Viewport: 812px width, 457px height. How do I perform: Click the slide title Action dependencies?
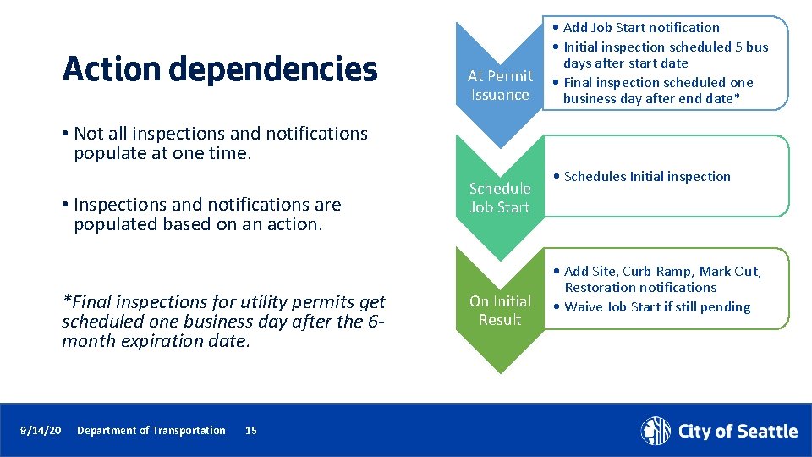[x=220, y=69]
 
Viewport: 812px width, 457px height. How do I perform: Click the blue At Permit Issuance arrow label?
[x=500, y=85]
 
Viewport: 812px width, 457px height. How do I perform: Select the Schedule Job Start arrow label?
[x=499, y=197]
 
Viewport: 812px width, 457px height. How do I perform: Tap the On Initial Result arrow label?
[x=500, y=310]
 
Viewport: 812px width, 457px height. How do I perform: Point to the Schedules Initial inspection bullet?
[x=646, y=176]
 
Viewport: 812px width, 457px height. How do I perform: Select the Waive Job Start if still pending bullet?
[x=656, y=306]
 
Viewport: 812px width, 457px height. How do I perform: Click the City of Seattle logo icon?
[x=656, y=431]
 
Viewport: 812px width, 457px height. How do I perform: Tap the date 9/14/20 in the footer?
[x=41, y=431]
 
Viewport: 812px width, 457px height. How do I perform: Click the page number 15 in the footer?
[x=250, y=431]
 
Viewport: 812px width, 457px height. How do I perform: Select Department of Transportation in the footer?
[x=151, y=431]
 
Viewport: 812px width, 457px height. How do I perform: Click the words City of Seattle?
[x=738, y=432]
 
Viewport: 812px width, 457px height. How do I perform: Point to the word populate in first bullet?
[x=107, y=153]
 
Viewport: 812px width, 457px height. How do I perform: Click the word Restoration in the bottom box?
[x=601, y=287]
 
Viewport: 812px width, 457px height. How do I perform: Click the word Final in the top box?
[x=579, y=82]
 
